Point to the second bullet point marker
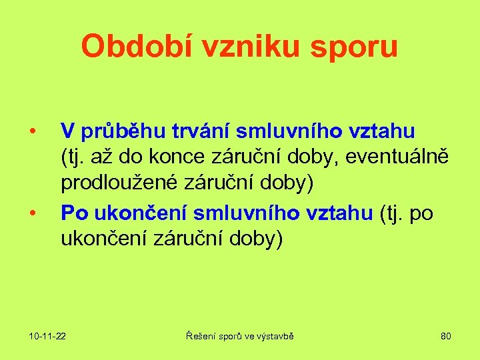[x=31, y=213]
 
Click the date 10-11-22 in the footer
[x=47, y=336]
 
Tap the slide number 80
[x=446, y=336]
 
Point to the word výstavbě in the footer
[x=275, y=336]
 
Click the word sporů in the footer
[x=231, y=336]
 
